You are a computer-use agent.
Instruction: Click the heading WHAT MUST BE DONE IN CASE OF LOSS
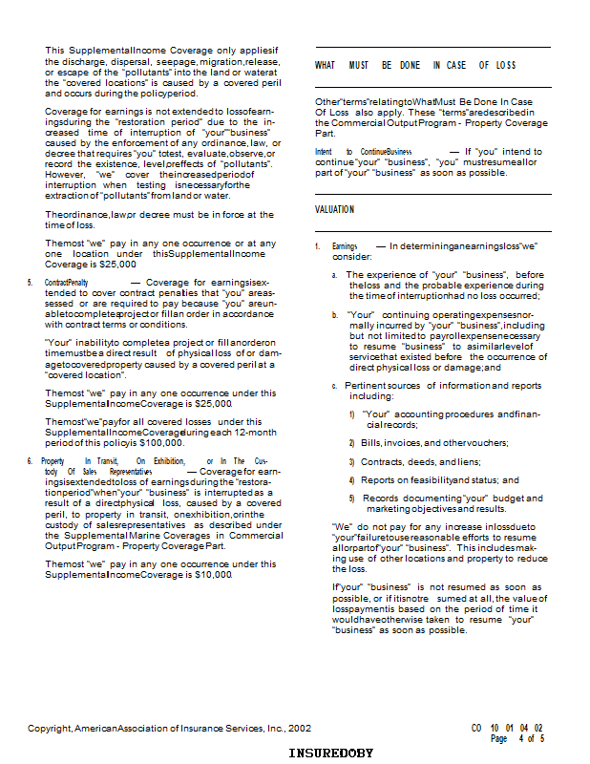pyautogui.click(x=415, y=65)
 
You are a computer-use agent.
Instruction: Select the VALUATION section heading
pyautogui.click(x=334, y=209)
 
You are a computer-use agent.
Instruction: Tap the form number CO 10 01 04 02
pyautogui.click(x=508, y=728)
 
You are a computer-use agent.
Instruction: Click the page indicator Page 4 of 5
pyautogui.click(x=518, y=738)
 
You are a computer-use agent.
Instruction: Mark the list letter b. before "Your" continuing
pyautogui.click(x=335, y=313)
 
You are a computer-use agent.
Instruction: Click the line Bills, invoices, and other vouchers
pyautogui.click(x=434, y=443)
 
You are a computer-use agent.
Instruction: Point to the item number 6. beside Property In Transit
pyautogui.click(x=31, y=460)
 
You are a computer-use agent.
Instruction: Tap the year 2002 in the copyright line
pyautogui.click(x=299, y=728)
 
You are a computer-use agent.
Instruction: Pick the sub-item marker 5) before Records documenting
pyautogui.click(x=352, y=498)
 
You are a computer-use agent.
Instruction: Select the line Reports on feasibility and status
pyautogui.click(x=440, y=479)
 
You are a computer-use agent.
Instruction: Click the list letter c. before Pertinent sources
pyautogui.click(x=335, y=386)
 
